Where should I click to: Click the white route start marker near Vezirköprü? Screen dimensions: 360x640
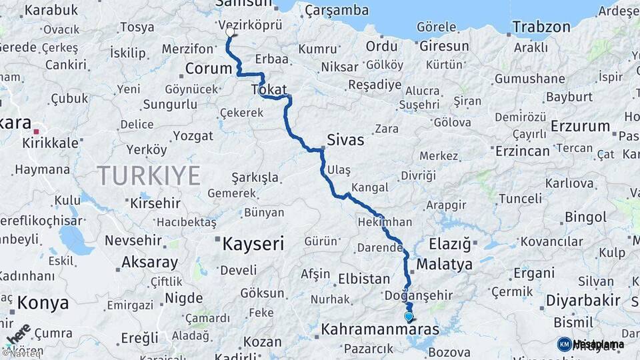click(230, 32)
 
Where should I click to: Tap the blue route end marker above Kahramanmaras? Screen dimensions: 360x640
click(409, 317)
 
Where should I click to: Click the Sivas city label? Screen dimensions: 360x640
click(345, 140)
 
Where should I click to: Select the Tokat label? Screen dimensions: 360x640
click(269, 89)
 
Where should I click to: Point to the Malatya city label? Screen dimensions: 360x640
click(444, 264)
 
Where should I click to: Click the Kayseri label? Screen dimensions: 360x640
click(253, 243)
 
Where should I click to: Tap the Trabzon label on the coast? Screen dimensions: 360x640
click(541, 27)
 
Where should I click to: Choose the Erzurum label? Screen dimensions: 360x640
click(581, 126)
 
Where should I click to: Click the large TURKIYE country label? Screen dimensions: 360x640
click(149, 176)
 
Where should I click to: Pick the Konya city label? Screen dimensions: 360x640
click(43, 303)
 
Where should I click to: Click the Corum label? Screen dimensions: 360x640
click(208, 68)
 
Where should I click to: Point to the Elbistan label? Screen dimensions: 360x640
click(363, 279)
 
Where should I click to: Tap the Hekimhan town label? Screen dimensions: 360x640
click(385, 222)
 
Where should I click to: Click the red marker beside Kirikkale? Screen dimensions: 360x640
click(36, 132)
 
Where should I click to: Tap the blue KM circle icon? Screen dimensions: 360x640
click(564, 344)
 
